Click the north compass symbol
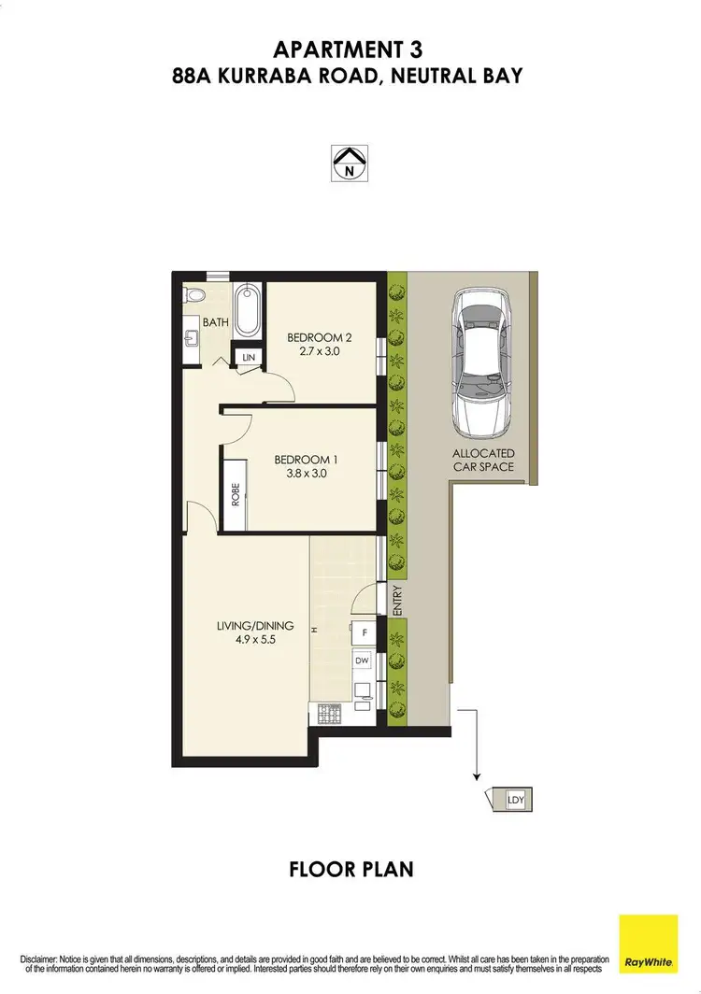pyautogui.click(x=350, y=163)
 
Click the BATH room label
pyautogui.click(x=217, y=322)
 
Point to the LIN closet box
pyautogui.click(x=250, y=358)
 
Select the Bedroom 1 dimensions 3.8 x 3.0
pyautogui.click(x=302, y=474)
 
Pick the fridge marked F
pyautogui.click(x=364, y=632)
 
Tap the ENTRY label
pyautogui.click(x=397, y=599)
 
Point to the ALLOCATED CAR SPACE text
pyautogui.click(x=483, y=460)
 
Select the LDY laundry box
pyautogui.click(x=514, y=801)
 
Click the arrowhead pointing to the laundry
pyautogui.click(x=477, y=774)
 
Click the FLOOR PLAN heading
pyautogui.click(x=350, y=870)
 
